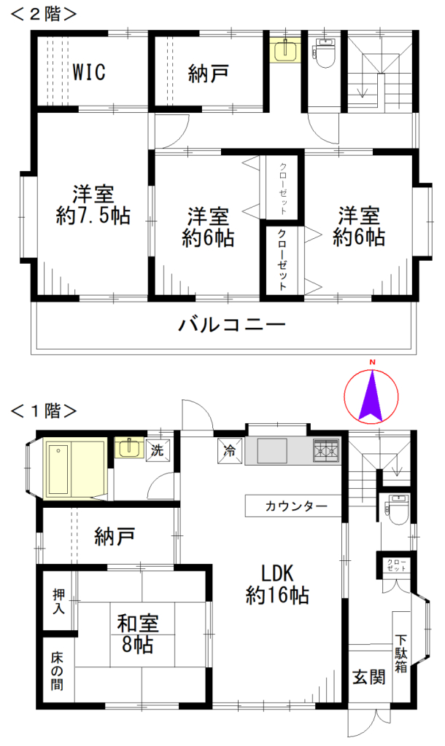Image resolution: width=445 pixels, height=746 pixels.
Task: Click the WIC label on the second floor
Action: point(89,72)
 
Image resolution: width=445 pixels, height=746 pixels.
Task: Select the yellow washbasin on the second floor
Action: point(284,51)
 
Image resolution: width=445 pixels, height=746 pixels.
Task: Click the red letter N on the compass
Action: point(371,363)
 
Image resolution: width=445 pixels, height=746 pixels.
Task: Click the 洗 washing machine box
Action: point(158,449)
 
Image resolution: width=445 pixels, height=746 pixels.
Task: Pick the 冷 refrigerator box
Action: point(228,450)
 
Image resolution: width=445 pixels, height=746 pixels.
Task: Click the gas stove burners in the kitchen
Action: point(325,452)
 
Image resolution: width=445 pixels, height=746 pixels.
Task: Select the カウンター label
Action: point(291,506)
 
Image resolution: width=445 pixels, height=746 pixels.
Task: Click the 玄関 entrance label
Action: point(368,678)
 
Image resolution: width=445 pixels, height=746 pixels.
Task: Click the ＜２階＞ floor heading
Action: point(44,15)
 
